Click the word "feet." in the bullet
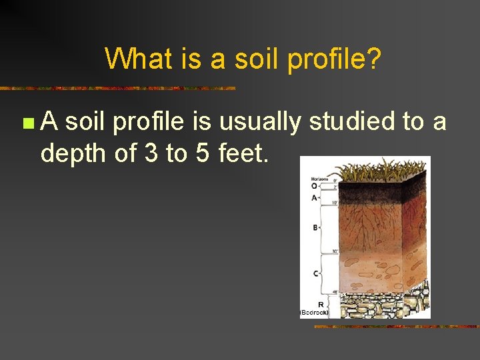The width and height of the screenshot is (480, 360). click(x=243, y=153)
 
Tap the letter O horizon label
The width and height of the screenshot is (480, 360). click(x=314, y=186)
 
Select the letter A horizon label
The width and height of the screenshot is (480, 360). click(x=314, y=198)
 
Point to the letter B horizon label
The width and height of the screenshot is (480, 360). click(x=315, y=228)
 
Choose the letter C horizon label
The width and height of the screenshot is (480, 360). click(x=315, y=273)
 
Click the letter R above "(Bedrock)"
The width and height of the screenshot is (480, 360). click(x=320, y=304)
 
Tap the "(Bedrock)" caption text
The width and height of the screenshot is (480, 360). click(x=315, y=311)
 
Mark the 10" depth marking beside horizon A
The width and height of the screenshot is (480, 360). click(x=334, y=203)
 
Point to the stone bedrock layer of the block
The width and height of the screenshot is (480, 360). click(x=383, y=303)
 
